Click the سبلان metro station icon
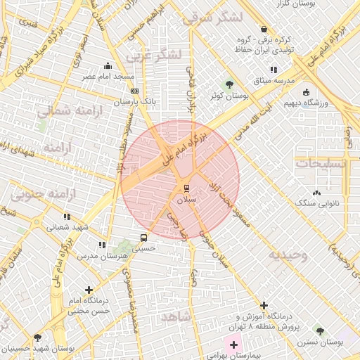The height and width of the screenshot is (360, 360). point(186,188)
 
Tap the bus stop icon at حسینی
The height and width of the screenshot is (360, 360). point(144,237)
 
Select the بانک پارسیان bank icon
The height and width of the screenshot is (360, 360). point(134,91)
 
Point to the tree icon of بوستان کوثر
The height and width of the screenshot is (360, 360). point(229,84)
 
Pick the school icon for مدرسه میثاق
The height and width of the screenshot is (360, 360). point(273,70)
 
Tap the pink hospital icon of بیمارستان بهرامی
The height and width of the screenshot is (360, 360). point(233,345)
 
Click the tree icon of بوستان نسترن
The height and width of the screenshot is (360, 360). point(320,330)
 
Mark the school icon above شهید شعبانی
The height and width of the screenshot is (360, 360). point(67,217)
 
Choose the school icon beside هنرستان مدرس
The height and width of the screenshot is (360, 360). point(102,245)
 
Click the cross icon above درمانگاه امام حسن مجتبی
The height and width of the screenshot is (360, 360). point(89,290)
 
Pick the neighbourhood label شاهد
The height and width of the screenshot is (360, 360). point(175,317)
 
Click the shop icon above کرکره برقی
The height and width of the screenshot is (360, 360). point(264,30)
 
